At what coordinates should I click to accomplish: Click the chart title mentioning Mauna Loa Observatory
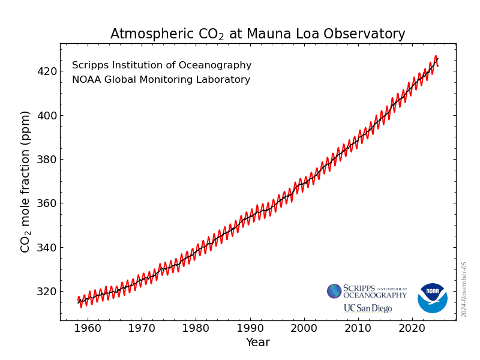(257, 34)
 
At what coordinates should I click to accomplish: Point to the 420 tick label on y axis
(46, 71)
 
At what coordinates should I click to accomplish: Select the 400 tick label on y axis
(46, 115)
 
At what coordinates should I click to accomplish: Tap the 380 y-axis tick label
(46, 160)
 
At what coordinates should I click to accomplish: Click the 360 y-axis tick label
(46, 203)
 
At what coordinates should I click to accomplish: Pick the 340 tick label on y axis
(46, 247)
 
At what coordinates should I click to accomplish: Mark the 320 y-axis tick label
(46, 292)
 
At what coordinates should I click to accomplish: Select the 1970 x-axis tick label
(142, 329)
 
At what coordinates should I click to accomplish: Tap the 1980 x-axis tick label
(196, 329)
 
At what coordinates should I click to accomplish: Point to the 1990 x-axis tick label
(250, 329)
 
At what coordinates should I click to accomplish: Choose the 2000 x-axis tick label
(304, 329)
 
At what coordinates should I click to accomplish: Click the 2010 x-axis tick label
(358, 329)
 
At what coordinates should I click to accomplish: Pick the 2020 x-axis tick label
(412, 329)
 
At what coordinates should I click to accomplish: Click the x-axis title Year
(257, 343)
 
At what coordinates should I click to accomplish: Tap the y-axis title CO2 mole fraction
(25, 181)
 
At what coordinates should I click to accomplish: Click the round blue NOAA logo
(432, 298)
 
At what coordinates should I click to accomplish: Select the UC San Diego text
(367, 308)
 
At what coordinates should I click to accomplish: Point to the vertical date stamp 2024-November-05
(464, 289)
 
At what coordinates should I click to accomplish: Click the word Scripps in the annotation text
(89, 65)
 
